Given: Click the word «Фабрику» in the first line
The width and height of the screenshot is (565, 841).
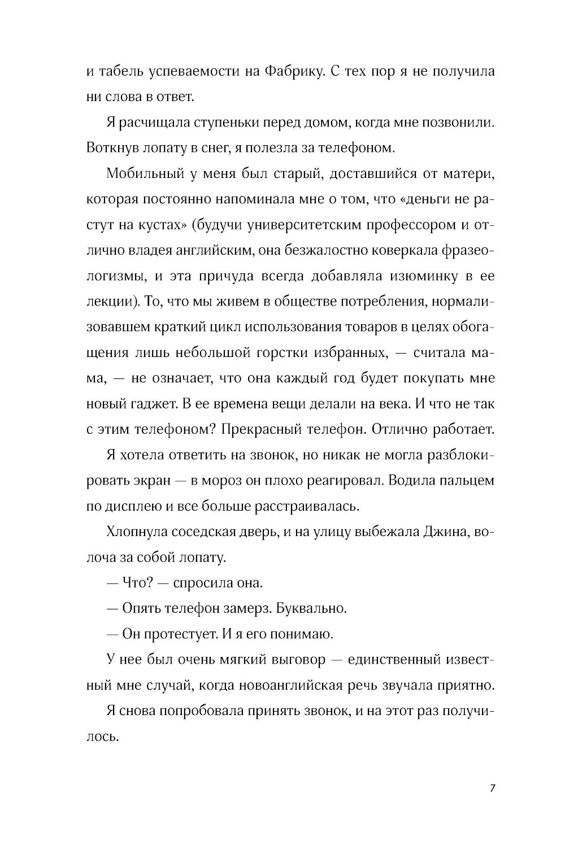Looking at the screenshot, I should [x=291, y=72].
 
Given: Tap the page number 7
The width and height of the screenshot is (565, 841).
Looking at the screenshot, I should [x=493, y=788].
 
